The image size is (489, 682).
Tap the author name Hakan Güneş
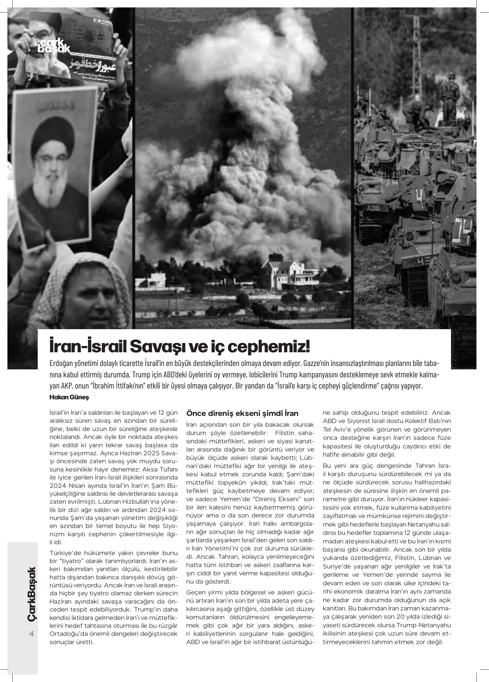[x=69, y=397]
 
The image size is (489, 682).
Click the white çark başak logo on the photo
[x=54, y=46]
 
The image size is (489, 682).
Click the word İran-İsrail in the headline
[x=87, y=347]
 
